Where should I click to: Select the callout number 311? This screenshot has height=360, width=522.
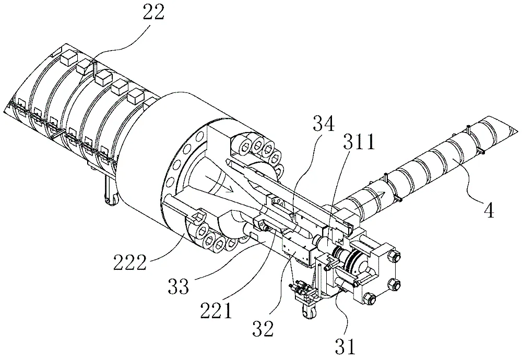(x=359, y=141)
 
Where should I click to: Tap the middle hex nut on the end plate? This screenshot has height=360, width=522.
(x=393, y=285)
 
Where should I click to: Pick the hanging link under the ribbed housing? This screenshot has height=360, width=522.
(x=109, y=193)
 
